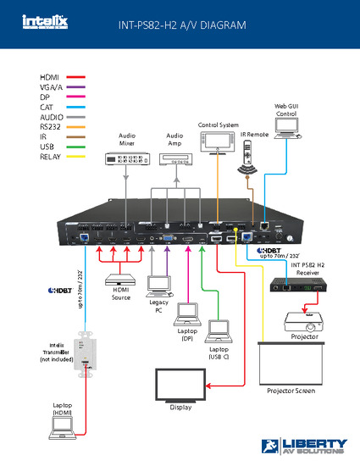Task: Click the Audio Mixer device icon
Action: click(x=126, y=158)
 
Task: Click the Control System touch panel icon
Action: click(x=219, y=143)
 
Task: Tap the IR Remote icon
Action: click(x=247, y=156)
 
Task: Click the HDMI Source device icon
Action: click(x=120, y=280)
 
